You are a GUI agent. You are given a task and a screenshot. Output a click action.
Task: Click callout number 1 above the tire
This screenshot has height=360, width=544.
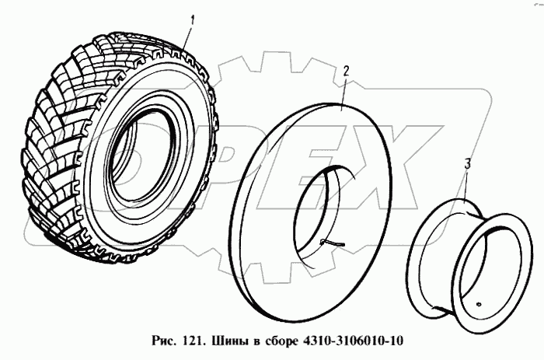pos(192,20)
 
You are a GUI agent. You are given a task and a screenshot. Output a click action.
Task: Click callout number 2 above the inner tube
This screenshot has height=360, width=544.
pos(346,71)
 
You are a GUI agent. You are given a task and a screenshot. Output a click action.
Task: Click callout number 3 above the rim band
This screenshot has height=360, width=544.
pos(468,164)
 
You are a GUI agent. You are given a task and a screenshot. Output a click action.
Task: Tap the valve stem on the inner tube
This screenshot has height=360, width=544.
pos(333,243)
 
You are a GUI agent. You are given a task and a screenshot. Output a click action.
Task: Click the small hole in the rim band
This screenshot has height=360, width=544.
pos(479,305)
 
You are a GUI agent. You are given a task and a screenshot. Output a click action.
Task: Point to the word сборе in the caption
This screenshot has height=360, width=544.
pos(281,341)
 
